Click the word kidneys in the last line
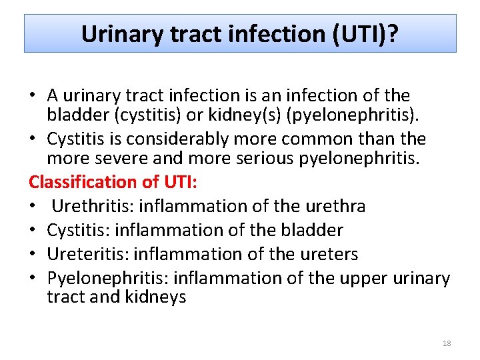(x=155, y=297)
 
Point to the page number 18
(x=447, y=343)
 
